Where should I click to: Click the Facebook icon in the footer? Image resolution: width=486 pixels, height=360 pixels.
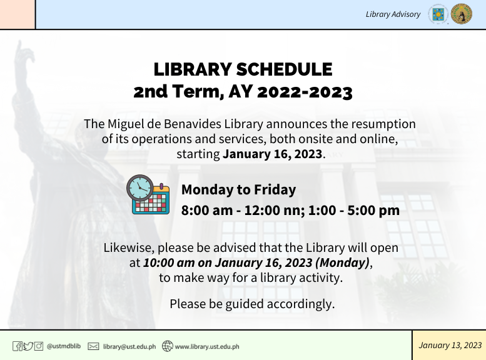coord(18,346)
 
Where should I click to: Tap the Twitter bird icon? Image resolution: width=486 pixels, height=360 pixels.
coord(28,346)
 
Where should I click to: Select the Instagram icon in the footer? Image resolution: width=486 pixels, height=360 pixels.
coord(38,346)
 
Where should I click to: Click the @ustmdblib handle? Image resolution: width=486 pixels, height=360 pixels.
coord(64,346)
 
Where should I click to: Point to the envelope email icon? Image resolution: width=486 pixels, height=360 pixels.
coord(93,346)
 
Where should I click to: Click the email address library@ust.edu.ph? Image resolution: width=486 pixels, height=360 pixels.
coord(129,346)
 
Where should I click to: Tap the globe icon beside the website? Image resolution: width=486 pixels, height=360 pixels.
coord(168,346)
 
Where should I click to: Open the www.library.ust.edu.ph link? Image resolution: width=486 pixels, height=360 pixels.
coord(207,346)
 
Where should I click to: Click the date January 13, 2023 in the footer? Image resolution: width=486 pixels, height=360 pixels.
coord(450,345)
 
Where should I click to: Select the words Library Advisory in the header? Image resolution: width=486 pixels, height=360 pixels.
coord(393,14)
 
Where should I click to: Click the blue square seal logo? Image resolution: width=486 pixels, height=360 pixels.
coord(438,14)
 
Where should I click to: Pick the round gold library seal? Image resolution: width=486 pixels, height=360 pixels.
coord(462,14)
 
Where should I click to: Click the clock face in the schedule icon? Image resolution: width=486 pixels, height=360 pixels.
coord(139,187)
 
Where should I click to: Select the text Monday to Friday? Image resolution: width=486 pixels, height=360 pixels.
coord(239,189)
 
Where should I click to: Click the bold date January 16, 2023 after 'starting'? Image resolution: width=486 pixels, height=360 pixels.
coord(273,154)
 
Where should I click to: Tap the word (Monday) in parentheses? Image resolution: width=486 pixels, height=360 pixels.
coord(343,262)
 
